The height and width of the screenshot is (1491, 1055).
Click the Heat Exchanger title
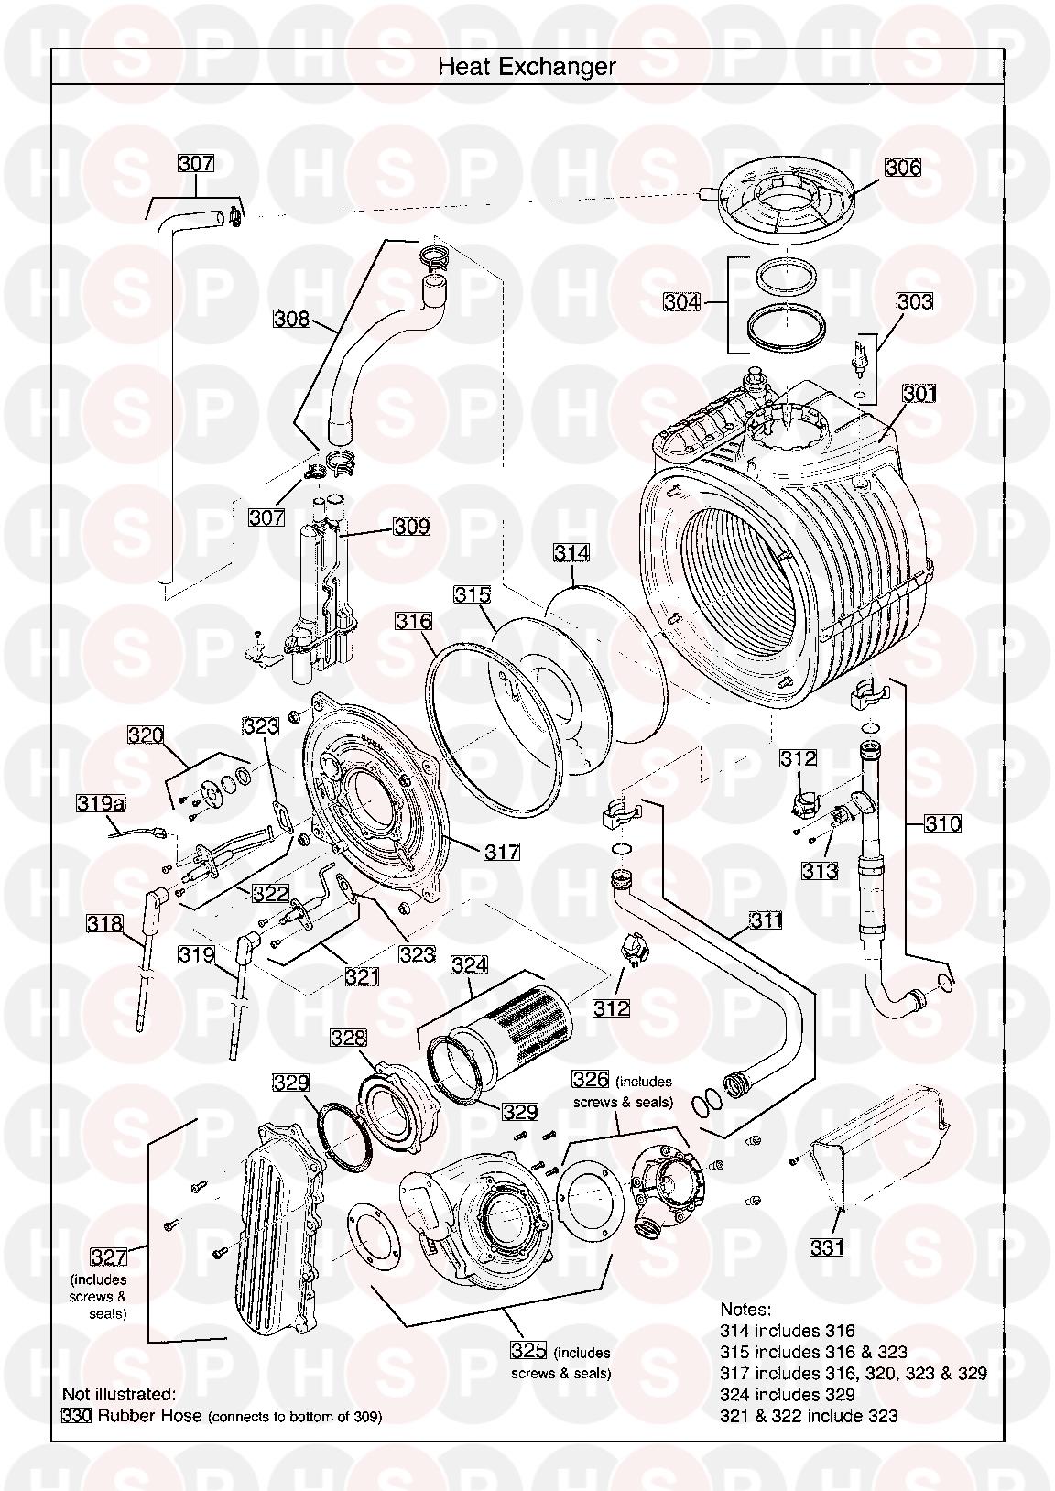(527, 67)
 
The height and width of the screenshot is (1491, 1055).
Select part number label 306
(902, 168)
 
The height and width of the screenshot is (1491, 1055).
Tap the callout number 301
(919, 394)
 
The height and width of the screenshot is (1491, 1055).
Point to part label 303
(914, 301)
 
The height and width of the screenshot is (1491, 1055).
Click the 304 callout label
(683, 301)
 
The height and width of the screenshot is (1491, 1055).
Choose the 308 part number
(292, 319)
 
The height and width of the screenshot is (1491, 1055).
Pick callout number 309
(411, 527)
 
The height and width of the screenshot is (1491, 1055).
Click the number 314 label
(571, 553)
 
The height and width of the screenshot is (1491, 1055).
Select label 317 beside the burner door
(502, 852)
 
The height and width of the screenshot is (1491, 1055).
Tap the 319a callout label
(100, 804)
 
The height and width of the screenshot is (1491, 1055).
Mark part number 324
(469, 964)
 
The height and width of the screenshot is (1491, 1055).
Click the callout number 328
(348, 1038)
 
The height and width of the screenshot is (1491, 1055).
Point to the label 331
(827, 1246)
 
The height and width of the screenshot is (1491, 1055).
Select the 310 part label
(942, 823)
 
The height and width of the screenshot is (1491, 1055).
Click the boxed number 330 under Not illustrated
(77, 1415)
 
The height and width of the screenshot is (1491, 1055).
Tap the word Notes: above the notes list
(745, 1310)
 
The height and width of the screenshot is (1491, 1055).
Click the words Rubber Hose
(149, 1415)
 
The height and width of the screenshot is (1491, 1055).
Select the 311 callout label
(766, 920)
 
